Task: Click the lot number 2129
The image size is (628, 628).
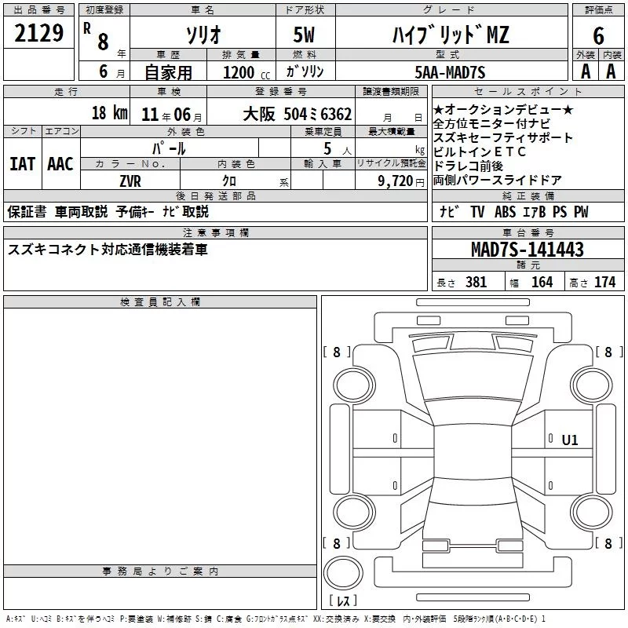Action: click(x=38, y=33)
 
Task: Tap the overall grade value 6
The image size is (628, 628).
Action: click(x=598, y=36)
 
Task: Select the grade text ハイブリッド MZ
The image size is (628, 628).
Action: click(x=451, y=35)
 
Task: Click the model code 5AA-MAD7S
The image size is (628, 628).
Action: click(x=450, y=72)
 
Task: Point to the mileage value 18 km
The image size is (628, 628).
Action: click(x=109, y=113)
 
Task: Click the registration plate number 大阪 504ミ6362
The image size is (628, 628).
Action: click(x=298, y=114)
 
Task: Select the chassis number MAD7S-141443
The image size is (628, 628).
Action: click(x=528, y=249)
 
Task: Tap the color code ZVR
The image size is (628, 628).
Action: click(x=130, y=181)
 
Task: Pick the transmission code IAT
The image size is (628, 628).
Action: click(x=23, y=164)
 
